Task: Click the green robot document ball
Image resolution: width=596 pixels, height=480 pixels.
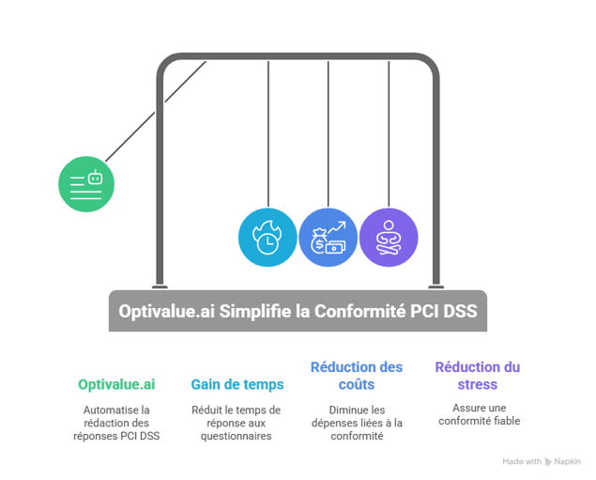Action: (x=86, y=182)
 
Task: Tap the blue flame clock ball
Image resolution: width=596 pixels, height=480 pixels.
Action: (x=267, y=238)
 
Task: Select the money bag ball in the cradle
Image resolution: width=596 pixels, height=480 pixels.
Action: (x=328, y=238)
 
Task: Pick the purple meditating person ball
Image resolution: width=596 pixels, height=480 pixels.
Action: (x=388, y=238)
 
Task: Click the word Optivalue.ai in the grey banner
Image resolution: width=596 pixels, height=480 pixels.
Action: (x=166, y=311)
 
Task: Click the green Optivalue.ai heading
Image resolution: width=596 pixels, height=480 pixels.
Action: (x=116, y=384)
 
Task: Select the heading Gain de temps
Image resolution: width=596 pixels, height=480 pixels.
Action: (x=237, y=384)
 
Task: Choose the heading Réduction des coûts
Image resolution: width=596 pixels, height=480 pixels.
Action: (x=356, y=375)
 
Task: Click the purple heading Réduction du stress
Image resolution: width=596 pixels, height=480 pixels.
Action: (x=477, y=375)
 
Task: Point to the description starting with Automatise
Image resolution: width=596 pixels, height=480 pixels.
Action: (x=116, y=423)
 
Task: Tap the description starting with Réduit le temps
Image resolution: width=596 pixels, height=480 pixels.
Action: (x=237, y=423)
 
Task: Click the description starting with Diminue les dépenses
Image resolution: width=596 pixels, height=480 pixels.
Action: (x=356, y=423)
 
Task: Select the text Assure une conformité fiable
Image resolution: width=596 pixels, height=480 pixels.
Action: (x=477, y=414)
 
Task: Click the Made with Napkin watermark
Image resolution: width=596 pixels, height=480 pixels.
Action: (x=541, y=461)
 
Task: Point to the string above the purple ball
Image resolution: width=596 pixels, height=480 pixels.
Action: (x=388, y=132)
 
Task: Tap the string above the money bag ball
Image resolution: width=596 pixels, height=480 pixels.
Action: (x=328, y=132)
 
